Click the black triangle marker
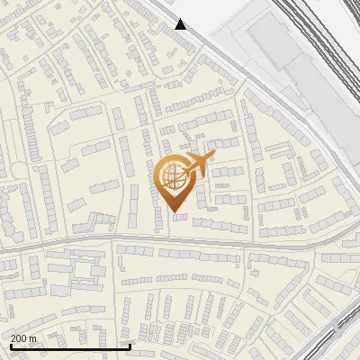pyautogui.click(x=181, y=24)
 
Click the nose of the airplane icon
pyautogui.click(x=212, y=156)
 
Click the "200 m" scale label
pyautogui.click(x=23, y=338)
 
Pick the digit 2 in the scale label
pyautogui.click(x=13, y=338)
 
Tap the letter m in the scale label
pyautogui.click(x=32, y=338)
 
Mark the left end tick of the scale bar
pyautogui.click(x=8, y=346)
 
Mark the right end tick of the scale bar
pyautogui.click(x=130, y=346)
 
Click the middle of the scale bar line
pyautogui.click(x=69, y=347)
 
